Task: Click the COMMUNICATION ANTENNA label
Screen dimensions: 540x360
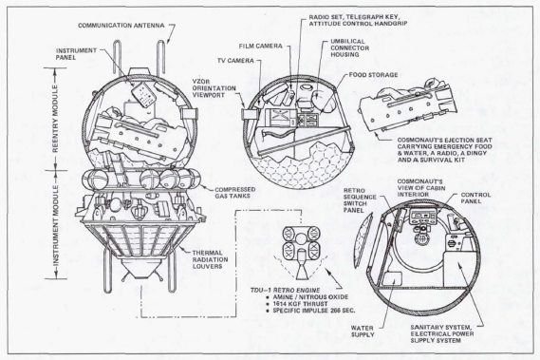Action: (x=121, y=26)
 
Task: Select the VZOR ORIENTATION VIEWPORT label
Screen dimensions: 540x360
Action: (x=214, y=88)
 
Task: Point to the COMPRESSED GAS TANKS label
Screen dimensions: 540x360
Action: (x=234, y=193)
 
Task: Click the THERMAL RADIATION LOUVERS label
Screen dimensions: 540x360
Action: (x=210, y=259)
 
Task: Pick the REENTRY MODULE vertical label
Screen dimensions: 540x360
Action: (x=55, y=119)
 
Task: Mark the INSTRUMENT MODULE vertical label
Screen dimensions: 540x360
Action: (x=55, y=225)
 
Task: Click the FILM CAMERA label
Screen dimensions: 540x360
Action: (x=260, y=46)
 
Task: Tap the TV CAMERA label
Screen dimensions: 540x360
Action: (x=235, y=61)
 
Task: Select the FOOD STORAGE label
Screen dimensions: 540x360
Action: (x=373, y=75)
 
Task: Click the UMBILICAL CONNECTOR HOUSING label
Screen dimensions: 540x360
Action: (x=349, y=47)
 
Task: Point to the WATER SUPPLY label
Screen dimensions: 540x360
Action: (x=363, y=332)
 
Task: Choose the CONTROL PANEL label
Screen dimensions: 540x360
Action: (x=475, y=198)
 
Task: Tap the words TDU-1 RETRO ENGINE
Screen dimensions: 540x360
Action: (x=285, y=291)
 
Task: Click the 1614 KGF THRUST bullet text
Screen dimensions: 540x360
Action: (x=300, y=304)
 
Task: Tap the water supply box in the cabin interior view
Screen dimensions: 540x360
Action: (x=391, y=279)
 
